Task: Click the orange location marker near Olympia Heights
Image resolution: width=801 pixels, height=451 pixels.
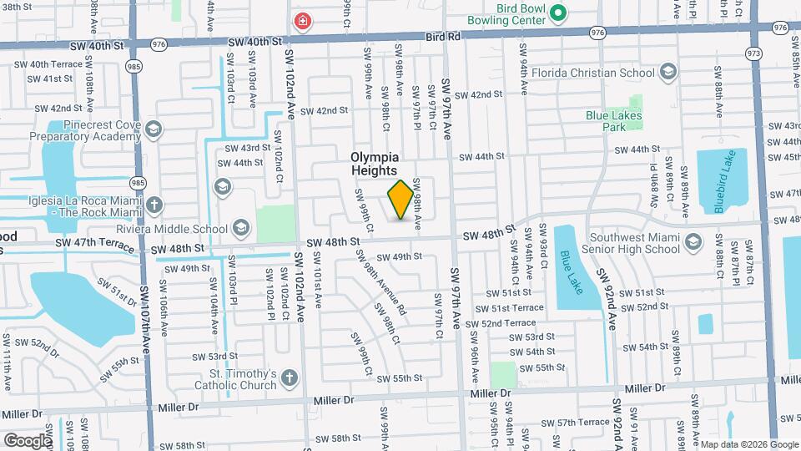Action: coord(400,200)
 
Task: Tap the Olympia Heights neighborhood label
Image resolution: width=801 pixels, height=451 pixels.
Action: coord(374,164)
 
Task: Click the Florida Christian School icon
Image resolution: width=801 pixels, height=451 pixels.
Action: coord(668,72)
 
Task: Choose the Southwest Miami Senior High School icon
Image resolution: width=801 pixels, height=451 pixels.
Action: coord(693,242)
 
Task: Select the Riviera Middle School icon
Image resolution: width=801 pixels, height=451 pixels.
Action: coord(240,228)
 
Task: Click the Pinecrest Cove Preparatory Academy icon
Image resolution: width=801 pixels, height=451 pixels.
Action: coord(153,129)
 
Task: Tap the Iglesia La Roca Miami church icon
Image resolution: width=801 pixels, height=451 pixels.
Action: coord(154,205)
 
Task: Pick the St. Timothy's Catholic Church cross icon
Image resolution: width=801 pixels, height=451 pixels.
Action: coord(290,378)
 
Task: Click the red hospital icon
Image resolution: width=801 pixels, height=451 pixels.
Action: coord(300,21)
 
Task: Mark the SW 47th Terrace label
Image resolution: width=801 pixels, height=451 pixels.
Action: coord(95,247)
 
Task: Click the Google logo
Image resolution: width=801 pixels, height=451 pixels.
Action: coord(27,440)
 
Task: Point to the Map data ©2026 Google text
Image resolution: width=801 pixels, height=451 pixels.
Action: coord(748,444)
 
